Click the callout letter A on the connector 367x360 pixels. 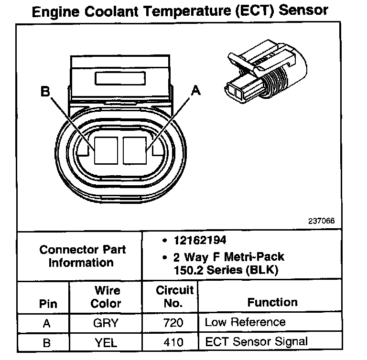[195, 90]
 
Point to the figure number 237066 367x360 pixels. [322, 221]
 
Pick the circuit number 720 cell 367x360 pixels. [170, 323]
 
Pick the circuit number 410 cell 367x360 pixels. [170, 342]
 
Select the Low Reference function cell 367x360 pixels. [245, 323]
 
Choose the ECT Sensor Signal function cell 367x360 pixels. [257, 342]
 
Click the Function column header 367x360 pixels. [272, 302]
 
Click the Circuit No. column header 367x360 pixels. [174, 296]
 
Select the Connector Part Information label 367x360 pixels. [82, 256]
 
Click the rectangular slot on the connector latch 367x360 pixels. [119, 78]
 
